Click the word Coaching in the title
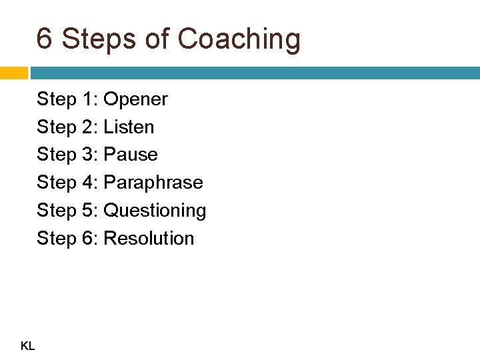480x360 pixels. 240,40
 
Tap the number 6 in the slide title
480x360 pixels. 45,39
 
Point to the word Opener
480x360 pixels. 136,100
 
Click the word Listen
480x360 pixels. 129,127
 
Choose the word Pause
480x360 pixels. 131,155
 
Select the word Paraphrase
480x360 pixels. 154,183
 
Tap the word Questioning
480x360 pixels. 155,211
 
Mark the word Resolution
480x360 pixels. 149,239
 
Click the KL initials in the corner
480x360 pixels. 28,345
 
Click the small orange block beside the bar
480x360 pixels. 13,73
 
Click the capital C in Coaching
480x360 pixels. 190,39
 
